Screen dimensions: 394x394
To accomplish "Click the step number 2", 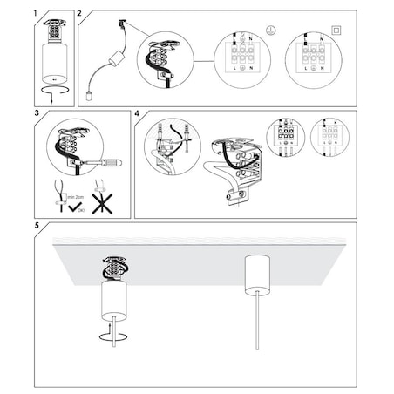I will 80,15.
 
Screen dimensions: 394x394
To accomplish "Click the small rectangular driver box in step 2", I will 112,63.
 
